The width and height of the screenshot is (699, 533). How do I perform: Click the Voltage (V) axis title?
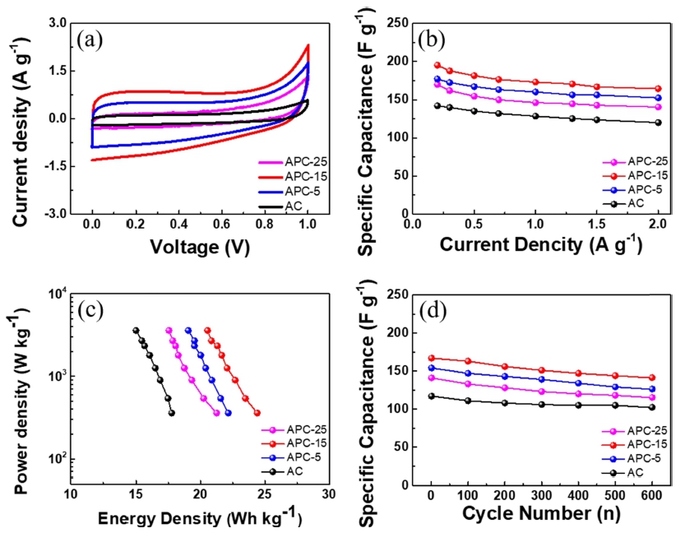click(200, 245)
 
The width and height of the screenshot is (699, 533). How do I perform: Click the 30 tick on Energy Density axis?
click(328, 495)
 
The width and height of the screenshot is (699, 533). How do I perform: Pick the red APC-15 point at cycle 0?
click(430, 358)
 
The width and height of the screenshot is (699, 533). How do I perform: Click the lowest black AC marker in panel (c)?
click(171, 413)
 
